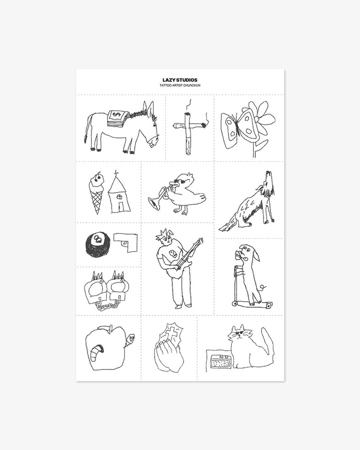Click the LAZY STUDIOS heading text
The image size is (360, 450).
pos(180,80)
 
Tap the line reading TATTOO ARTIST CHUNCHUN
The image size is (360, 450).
pos(180,85)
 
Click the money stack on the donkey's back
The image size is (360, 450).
pos(117,117)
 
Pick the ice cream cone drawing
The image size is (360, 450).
pos(97,192)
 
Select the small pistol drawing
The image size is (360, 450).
pos(126,242)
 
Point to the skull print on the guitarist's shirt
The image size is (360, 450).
pos(172,254)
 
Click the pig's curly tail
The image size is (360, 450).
pos(263,287)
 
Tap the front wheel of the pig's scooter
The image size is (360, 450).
pos(235,303)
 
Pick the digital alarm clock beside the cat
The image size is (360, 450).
pos(220,362)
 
